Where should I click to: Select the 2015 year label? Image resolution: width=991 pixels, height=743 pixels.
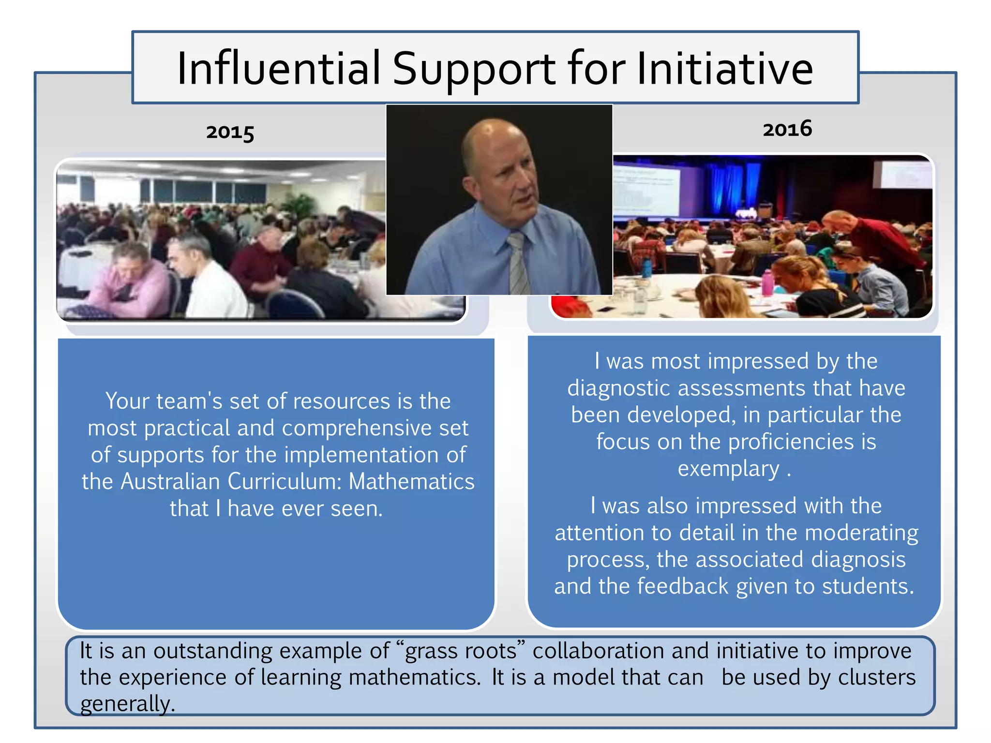tap(230, 132)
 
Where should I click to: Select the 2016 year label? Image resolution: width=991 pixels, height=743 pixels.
tap(787, 129)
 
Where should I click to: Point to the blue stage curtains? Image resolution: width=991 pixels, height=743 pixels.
tap(731, 189)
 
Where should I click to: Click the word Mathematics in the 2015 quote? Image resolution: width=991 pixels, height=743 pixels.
tap(411, 482)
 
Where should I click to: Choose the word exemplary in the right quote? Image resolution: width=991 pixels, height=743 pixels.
tap(728, 469)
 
